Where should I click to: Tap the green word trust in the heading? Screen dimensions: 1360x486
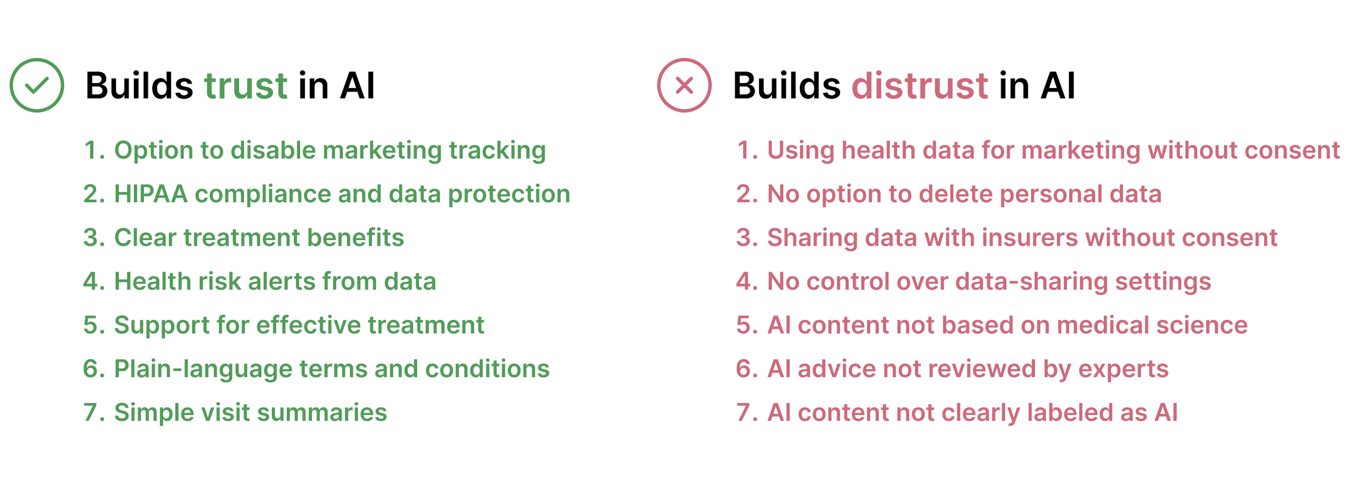click(246, 85)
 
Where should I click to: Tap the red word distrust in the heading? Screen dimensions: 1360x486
click(920, 85)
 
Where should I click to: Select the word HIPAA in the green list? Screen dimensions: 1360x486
click(150, 194)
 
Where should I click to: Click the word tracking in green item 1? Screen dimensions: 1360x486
click(498, 151)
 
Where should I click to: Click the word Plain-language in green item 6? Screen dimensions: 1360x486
click(203, 370)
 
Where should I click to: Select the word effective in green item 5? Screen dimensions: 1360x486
click(309, 325)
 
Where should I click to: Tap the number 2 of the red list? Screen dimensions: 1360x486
click(745, 194)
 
